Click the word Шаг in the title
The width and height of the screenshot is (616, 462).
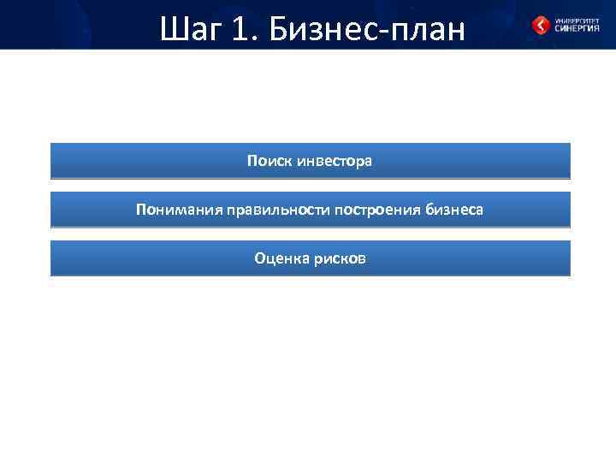(x=190, y=29)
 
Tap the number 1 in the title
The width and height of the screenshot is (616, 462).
(x=242, y=29)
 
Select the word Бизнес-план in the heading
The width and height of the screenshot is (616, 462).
(x=367, y=29)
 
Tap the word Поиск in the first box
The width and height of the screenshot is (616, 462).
(x=269, y=161)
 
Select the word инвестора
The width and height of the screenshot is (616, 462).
(x=334, y=161)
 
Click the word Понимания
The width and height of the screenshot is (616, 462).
(x=179, y=209)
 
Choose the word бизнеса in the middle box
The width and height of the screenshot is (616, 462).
(x=454, y=209)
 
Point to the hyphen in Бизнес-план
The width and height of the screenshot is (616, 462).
(x=391, y=33)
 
